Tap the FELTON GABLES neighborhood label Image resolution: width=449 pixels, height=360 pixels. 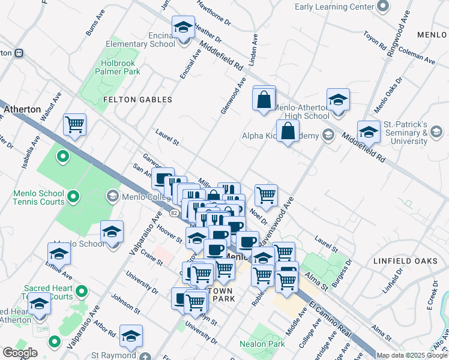(137, 100)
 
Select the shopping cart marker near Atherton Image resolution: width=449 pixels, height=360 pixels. (75, 125)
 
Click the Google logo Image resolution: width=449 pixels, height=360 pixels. (19, 353)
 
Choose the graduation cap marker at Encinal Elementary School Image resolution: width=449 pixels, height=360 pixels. (183, 28)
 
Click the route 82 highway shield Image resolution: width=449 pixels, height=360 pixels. (174, 213)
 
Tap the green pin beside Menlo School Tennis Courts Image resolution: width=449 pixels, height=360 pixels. (73, 196)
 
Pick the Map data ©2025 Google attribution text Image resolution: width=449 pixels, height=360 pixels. (411, 355)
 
